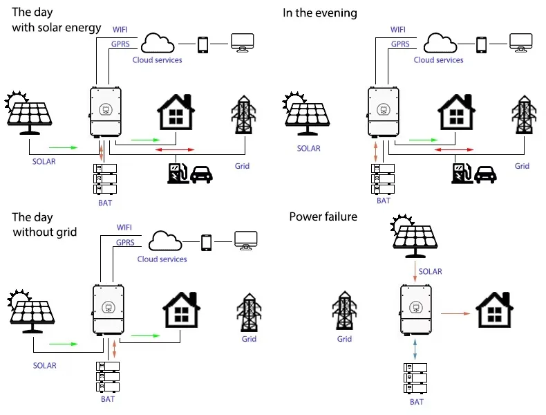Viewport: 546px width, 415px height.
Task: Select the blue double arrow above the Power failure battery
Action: point(415,348)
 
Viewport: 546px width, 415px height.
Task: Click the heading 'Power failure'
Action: point(323,217)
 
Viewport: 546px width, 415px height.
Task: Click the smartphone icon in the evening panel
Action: point(480,44)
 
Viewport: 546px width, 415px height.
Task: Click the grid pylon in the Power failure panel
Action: point(344,312)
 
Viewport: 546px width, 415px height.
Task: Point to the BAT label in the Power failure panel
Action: point(416,402)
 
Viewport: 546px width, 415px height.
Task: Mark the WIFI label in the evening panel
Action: point(397,30)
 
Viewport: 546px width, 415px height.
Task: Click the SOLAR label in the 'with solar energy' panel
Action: point(42,161)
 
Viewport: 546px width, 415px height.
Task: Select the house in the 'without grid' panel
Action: point(182,308)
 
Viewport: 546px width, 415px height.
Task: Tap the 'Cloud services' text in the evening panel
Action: point(438,60)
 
